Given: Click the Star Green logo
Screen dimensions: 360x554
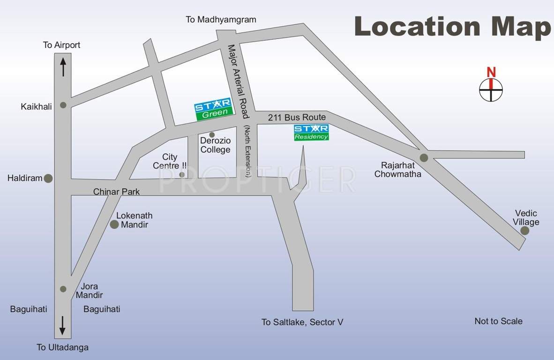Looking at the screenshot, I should point(213,109).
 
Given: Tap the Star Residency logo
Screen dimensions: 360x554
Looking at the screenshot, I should point(311,132).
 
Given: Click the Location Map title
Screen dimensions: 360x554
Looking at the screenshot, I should point(453,26).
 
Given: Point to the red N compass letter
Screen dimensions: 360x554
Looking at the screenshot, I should point(491,72).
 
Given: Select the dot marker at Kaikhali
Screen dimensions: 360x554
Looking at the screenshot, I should point(63,105).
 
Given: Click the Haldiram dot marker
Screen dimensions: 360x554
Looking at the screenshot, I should point(48,178).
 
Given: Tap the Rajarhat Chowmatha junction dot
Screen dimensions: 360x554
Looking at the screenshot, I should point(424,157).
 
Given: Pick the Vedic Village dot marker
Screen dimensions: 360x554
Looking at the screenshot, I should point(524,230).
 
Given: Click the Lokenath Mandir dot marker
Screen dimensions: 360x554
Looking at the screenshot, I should point(114,225).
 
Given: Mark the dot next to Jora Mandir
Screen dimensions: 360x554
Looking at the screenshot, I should point(63,289).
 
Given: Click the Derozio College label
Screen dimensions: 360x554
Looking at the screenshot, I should point(215,145).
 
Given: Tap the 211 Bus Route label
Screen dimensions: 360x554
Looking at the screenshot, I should point(297,117).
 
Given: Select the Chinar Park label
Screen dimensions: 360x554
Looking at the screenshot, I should point(116,192).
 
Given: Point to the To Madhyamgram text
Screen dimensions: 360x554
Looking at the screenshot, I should point(221,20).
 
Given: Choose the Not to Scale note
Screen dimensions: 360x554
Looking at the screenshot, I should point(498,321).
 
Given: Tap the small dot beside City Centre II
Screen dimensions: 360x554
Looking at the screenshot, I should point(182,174).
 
